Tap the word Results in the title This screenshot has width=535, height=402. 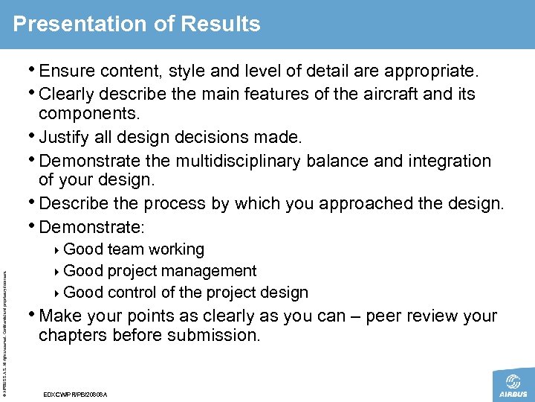click(221, 24)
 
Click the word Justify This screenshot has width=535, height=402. click(68, 137)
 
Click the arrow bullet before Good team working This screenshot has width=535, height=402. click(59, 250)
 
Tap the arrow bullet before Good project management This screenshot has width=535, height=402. click(59, 272)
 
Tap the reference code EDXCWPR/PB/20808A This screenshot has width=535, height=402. click(77, 393)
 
